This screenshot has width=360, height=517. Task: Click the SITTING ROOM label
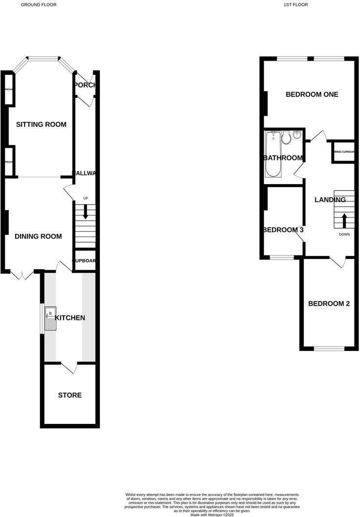(41, 124)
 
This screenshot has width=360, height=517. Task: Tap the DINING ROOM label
(38, 236)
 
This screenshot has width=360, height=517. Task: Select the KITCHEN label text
(70, 318)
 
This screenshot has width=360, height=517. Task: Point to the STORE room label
(70, 395)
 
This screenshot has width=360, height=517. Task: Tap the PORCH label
(84, 85)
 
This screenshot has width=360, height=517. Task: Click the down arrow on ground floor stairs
(86, 211)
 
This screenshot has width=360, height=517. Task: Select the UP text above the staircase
(86, 198)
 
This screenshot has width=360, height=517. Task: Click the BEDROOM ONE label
(312, 94)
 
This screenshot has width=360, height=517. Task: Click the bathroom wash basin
(297, 136)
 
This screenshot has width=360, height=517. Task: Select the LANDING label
(330, 200)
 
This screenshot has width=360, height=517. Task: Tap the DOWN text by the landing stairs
(344, 235)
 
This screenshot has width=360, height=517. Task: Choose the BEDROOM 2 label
(329, 304)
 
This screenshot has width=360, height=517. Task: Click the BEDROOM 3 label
(283, 230)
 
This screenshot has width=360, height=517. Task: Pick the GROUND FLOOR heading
(38, 4)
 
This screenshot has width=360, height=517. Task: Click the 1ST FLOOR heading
(295, 4)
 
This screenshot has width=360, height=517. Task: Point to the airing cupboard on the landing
(344, 152)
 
